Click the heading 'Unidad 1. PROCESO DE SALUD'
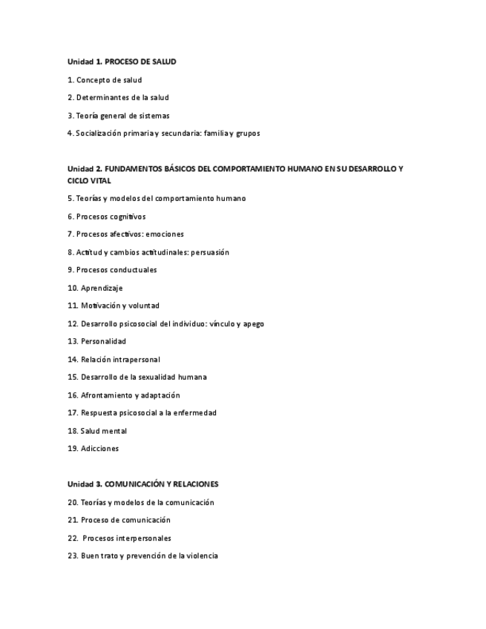[122, 62]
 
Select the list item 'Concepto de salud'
[108, 79]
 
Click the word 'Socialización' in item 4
[99, 134]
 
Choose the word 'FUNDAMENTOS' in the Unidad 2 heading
[132, 169]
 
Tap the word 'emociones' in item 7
[165, 234]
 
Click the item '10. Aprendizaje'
[95, 288]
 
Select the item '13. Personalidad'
[96, 341]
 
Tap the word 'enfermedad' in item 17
[194, 412]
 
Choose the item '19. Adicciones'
[93, 448]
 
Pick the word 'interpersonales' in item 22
[144, 538]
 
